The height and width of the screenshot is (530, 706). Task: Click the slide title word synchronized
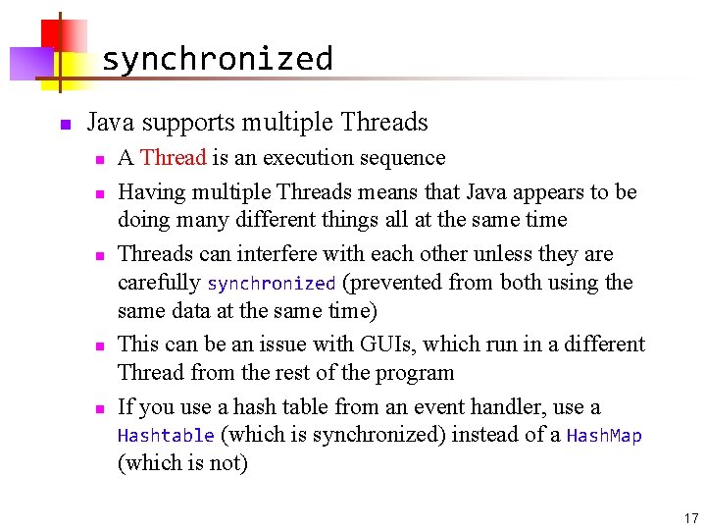pyautogui.click(x=217, y=60)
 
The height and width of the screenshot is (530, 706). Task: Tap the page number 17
pyautogui.click(x=691, y=518)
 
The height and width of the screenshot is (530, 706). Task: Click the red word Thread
pyautogui.click(x=173, y=158)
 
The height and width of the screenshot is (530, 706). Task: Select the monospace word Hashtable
pyautogui.click(x=165, y=436)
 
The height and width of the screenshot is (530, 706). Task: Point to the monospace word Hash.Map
pyautogui.click(x=604, y=436)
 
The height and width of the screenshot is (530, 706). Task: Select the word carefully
pyautogui.click(x=159, y=283)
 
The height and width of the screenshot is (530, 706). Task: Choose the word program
pyautogui.click(x=413, y=373)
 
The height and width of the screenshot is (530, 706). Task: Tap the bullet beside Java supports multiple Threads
pyautogui.click(x=63, y=125)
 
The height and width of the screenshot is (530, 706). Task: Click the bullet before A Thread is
pyautogui.click(x=99, y=159)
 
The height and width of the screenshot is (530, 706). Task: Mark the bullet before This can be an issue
pyautogui.click(x=99, y=345)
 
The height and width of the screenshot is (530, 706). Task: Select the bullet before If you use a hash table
pyautogui.click(x=99, y=408)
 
